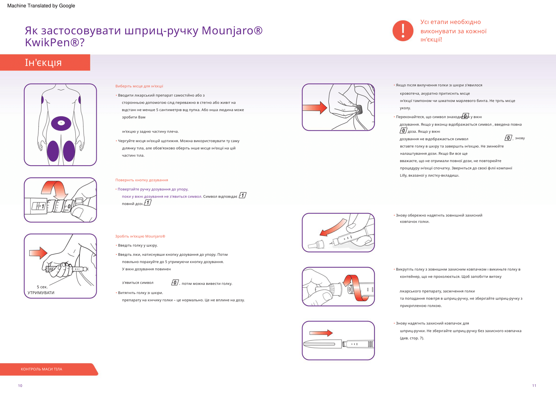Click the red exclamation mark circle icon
pos(403,31)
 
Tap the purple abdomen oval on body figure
pos(61,123)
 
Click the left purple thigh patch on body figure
pos(53,151)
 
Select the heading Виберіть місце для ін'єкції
pos(139,86)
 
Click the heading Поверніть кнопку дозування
pos(142,180)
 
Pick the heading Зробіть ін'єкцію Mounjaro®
pos(140,236)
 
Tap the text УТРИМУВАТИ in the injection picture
pos(41,293)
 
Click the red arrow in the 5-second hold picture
pos(38,253)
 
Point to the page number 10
pos(20,386)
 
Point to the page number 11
pos(534,386)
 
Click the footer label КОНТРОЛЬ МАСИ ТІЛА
pos(41,369)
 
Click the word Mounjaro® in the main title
pos(232,31)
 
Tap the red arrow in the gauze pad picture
pos(314,108)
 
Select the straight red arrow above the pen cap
pos(321,333)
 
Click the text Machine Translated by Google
pos(41,6)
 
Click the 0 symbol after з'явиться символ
pos(175,283)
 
